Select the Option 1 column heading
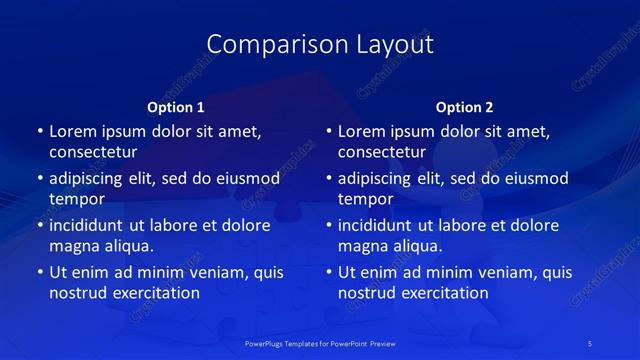(176, 107)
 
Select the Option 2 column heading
(465, 107)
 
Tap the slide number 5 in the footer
(591, 343)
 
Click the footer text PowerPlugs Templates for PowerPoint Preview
(320, 343)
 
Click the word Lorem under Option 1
(73, 131)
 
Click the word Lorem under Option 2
(362, 131)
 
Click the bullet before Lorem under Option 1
(40, 132)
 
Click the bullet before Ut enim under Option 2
(329, 272)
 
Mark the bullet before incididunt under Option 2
(329, 226)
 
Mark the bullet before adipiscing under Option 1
(40, 179)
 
